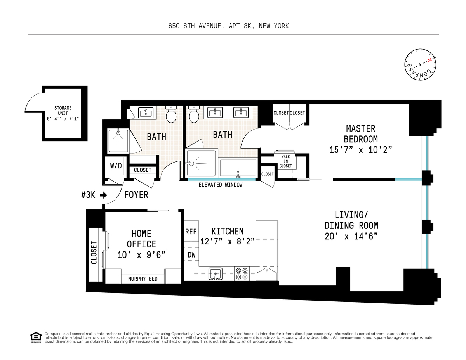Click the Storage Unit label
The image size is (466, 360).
(63, 113)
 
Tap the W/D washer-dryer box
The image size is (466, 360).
(116, 166)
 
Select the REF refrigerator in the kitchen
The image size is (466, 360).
(191, 232)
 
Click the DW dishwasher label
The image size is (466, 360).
(191, 254)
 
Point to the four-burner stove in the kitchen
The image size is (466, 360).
(242, 273)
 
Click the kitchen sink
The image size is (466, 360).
(215, 274)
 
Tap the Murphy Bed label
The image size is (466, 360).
(143, 279)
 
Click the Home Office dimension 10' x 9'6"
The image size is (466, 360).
(141, 255)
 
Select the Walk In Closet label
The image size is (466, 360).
(285, 161)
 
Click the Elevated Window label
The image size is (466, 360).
(221, 185)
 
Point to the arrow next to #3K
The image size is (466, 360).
(104, 195)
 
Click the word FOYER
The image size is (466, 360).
(136, 195)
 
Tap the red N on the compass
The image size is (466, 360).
(429, 60)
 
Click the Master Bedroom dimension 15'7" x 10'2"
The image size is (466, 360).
(360, 150)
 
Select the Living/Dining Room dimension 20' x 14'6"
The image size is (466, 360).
(351, 236)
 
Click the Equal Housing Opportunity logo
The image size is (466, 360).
(36, 337)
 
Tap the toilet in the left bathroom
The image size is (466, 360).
(171, 114)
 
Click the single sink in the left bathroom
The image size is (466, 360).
(146, 112)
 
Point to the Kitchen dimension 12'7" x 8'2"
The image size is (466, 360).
(227, 242)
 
